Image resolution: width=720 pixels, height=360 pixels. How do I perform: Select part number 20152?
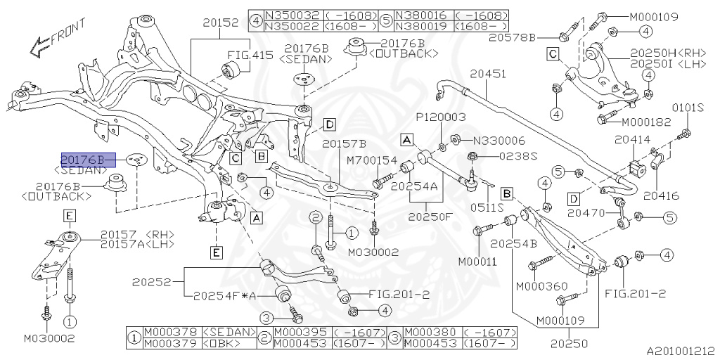[220, 23]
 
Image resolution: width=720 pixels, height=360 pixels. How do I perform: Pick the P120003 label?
[441, 117]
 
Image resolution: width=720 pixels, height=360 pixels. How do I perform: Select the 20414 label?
[632, 140]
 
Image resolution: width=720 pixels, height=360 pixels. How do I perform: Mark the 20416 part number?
[662, 196]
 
